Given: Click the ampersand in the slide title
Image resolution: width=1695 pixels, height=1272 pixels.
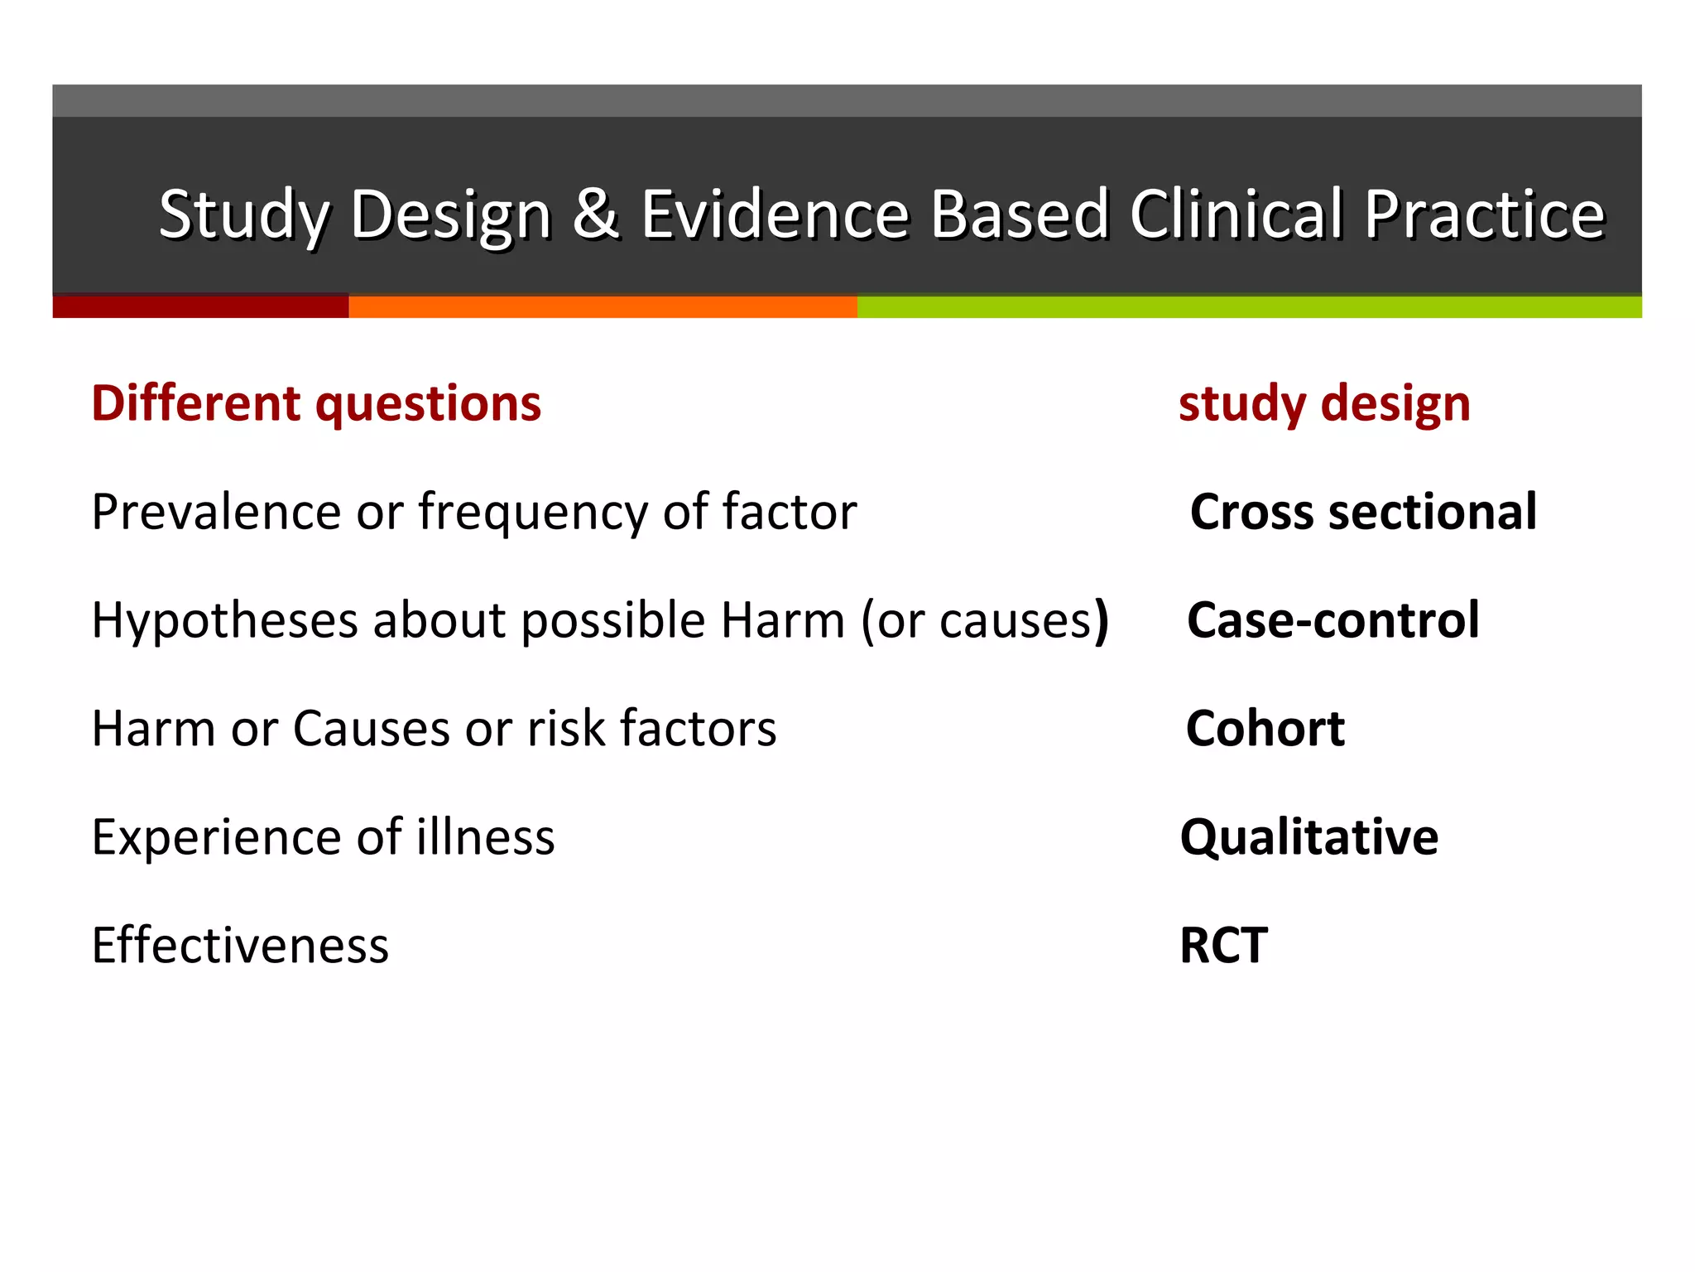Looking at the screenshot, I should click(595, 214).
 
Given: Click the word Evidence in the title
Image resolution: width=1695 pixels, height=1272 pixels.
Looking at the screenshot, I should click(775, 214).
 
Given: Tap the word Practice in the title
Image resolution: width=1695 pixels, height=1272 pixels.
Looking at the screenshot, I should click(1484, 214).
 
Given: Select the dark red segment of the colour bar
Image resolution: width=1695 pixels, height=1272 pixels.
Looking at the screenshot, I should click(200, 306).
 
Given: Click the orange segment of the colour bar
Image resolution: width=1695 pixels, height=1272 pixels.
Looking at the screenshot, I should click(603, 306).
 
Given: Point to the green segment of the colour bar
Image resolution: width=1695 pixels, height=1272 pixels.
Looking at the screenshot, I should click(1248, 306).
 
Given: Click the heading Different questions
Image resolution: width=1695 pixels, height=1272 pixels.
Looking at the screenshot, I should click(316, 403).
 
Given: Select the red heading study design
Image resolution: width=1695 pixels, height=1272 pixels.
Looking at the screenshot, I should click(1324, 403).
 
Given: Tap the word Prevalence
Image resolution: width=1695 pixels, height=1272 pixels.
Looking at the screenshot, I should click(215, 512).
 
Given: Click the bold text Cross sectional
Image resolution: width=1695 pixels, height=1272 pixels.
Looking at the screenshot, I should click(1363, 512).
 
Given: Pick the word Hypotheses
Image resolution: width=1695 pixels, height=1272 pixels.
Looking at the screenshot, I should click(224, 620).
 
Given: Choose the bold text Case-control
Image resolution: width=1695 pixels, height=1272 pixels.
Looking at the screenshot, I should click(1332, 620).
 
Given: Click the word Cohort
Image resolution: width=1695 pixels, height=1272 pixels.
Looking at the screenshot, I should click(1265, 729).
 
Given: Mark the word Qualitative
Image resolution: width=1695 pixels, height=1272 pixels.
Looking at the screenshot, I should click(1308, 837).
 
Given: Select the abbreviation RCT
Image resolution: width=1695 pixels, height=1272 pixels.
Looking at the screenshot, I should click(1223, 946).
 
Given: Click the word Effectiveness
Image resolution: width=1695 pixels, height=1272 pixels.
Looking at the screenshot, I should click(240, 946).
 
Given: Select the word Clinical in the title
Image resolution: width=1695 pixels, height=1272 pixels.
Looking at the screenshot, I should click(1236, 214).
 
